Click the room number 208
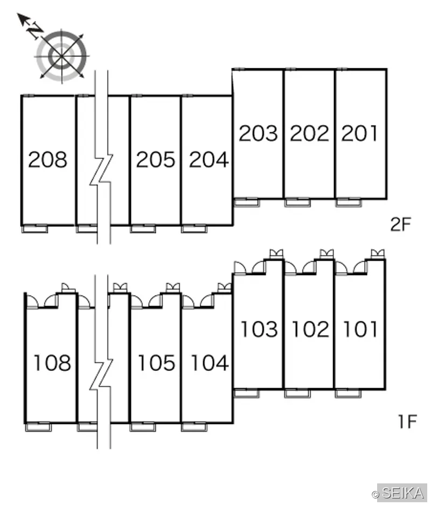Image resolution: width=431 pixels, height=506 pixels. point(48,159)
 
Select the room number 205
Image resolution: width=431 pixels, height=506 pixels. point(155,159)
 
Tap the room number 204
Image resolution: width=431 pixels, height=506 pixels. point(208,159)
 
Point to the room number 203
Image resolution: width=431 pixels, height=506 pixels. point(258,133)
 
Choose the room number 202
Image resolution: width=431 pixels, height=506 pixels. point(310,133)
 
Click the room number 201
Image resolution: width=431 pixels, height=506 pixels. point(359,133)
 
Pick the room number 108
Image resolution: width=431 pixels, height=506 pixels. point(52,362)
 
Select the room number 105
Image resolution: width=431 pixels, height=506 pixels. point(157,362)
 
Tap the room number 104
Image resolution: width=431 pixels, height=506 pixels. point(210,362)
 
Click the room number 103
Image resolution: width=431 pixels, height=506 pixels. point(260,329)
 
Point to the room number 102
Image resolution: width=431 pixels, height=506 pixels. point(310,329)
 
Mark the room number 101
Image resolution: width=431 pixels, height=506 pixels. point(360,329)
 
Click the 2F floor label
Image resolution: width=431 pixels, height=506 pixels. point(401,224)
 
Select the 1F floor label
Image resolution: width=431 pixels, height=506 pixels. point(407,421)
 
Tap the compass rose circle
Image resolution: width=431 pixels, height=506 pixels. point(61,56)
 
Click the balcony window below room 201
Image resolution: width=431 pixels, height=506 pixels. point(348,202)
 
